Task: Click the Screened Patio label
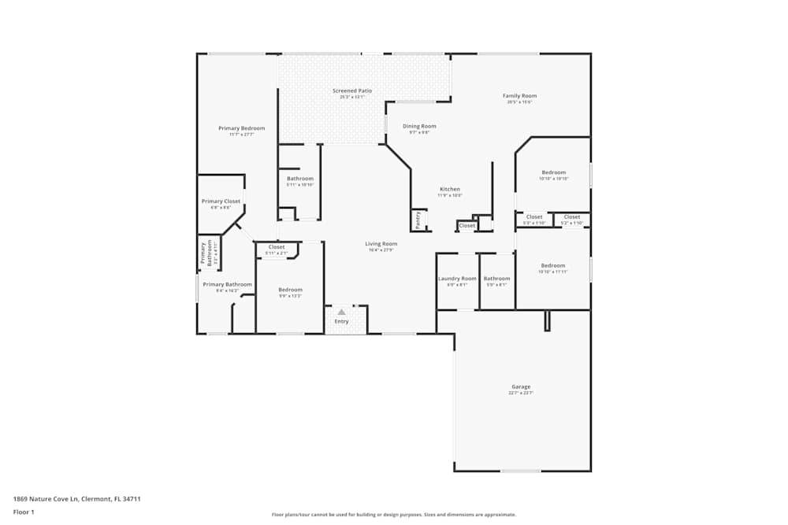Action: click(351, 91)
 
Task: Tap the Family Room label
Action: click(519, 96)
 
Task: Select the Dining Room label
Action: click(419, 126)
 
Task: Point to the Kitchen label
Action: click(449, 189)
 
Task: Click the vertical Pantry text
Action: click(418, 218)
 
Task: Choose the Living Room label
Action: click(381, 244)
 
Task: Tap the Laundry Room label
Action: click(457, 279)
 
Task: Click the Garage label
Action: click(521, 386)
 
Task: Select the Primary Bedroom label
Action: click(241, 128)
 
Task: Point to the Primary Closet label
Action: click(221, 201)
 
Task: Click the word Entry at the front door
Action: click(341, 321)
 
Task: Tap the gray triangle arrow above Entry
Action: click(341, 312)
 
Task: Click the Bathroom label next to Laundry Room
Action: click(496, 279)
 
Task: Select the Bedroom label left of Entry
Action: click(290, 290)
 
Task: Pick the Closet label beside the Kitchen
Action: click(467, 226)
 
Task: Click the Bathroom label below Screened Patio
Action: click(299, 179)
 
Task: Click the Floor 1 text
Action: click(24, 512)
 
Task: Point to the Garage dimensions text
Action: click(521, 393)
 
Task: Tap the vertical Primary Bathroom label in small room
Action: click(203, 253)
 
